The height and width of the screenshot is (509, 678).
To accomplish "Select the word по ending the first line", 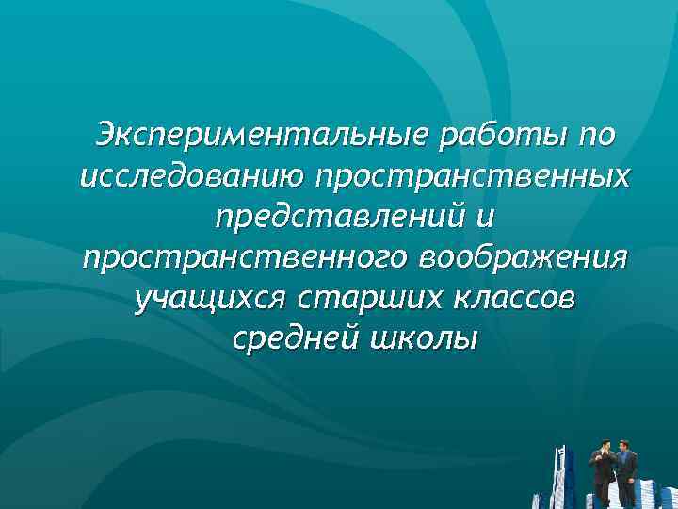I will tap(596, 136).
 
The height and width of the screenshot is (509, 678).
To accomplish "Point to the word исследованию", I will tap(194, 176).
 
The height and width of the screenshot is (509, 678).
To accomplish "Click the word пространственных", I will tap(474, 176).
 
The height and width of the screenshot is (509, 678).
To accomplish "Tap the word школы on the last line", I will tap(422, 338).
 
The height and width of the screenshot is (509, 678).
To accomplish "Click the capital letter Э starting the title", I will tap(106, 136).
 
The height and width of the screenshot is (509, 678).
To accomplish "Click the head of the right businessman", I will tap(623, 445).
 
